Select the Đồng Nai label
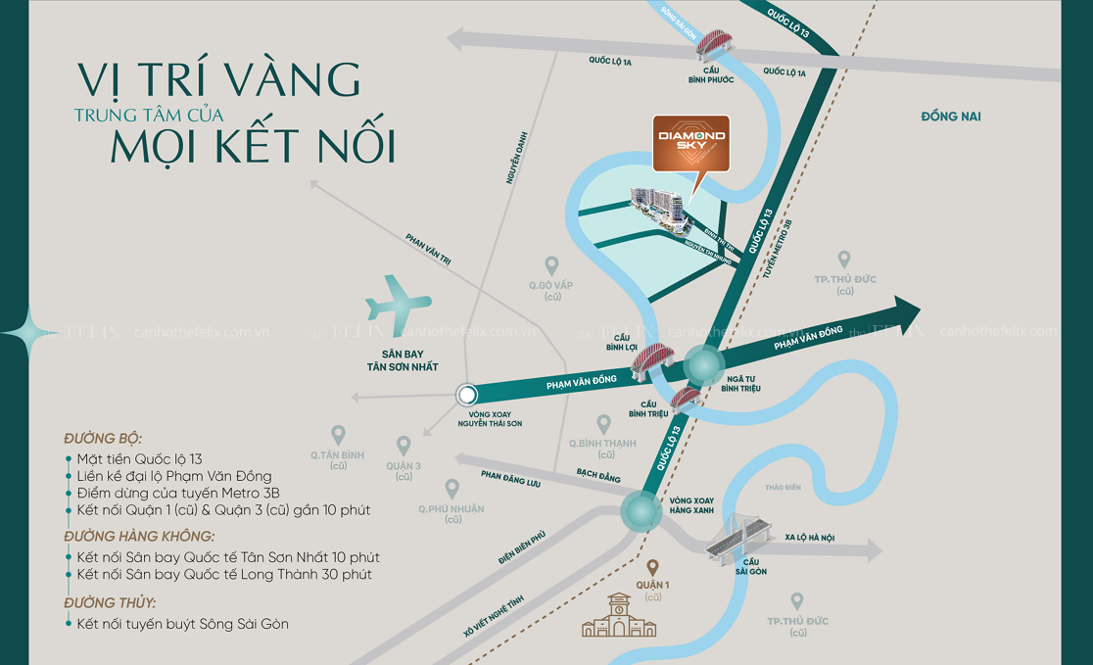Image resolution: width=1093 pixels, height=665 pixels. click(x=951, y=118)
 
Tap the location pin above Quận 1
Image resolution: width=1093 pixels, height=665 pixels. click(x=653, y=568)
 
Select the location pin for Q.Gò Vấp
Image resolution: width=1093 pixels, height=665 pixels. click(x=551, y=265)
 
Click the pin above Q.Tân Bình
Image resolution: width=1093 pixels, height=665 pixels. click(x=338, y=434)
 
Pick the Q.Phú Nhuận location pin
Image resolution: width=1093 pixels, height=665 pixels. click(x=452, y=488)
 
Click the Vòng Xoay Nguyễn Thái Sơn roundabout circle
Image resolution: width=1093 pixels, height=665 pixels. click(x=467, y=395)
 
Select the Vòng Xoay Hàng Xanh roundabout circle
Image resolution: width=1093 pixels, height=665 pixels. click(x=641, y=510)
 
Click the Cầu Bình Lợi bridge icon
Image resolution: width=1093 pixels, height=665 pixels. click(x=647, y=362)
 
